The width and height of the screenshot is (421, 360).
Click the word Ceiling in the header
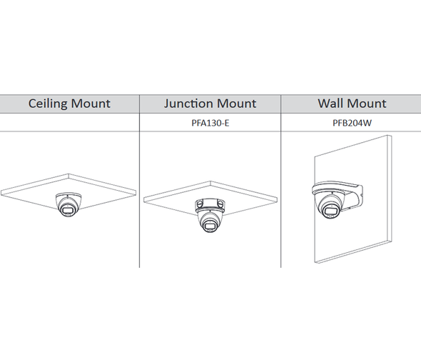pyautogui.click(x=47, y=104)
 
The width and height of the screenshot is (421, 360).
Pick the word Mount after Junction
pyautogui.click(x=237, y=104)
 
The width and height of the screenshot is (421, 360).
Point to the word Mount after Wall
pyautogui.click(x=365, y=104)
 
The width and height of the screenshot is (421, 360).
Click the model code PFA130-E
pyautogui.click(x=210, y=123)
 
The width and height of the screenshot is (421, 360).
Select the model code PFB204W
pyautogui.click(x=352, y=123)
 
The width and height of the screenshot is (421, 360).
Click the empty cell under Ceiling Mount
pyautogui.click(x=69, y=123)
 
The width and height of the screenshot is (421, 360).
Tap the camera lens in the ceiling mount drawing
pyautogui.click(x=66, y=210)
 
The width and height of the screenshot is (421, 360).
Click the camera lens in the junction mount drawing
pyautogui.click(x=208, y=226)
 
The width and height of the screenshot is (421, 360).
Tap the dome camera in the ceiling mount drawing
pyautogui.click(x=67, y=204)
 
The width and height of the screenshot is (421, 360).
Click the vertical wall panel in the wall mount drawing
pyautogui.click(x=353, y=199)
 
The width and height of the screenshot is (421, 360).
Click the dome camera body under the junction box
pyautogui.click(x=209, y=221)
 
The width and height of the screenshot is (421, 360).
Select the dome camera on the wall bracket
pyautogui.click(x=330, y=205)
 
